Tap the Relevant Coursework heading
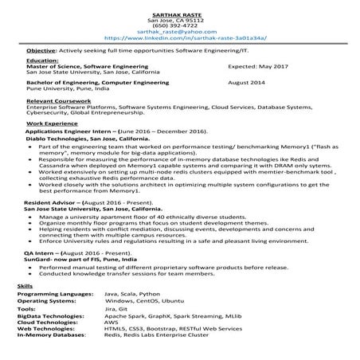tap(53, 101)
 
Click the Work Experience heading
tap(48, 125)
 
